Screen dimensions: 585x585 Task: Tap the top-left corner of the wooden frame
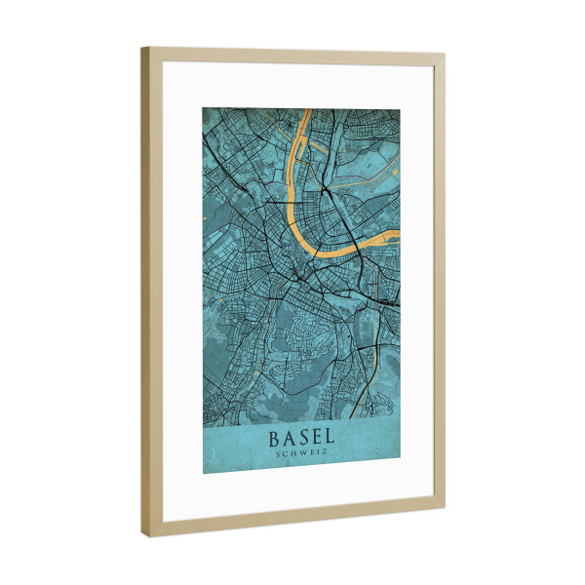[x=142, y=47]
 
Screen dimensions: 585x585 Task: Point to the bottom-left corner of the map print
[x=204, y=474]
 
